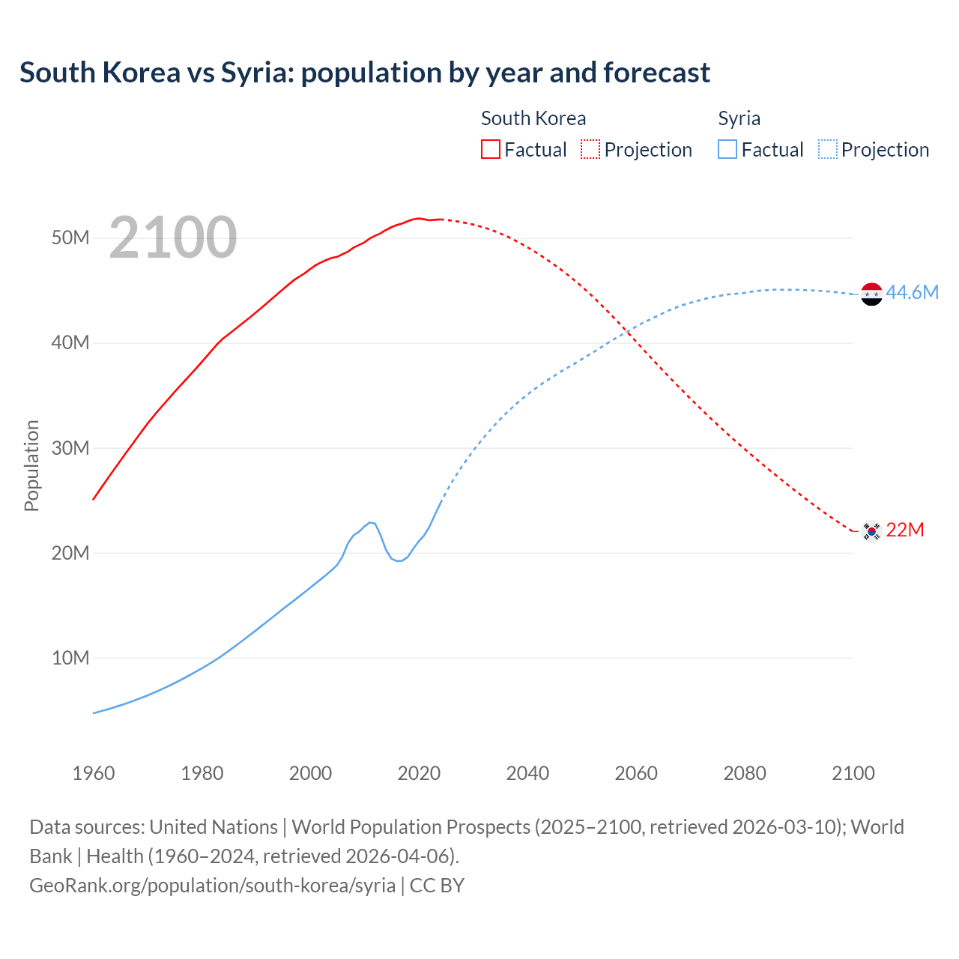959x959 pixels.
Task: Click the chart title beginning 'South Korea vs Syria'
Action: coord(365,73)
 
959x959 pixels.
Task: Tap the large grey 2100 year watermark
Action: coord(173,238)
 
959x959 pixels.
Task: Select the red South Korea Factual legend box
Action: coord(490,149)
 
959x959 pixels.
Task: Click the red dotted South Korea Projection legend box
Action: coord(590,149)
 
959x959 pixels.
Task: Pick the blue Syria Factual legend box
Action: coord(727,149)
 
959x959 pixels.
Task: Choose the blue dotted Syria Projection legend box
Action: coord(828,149)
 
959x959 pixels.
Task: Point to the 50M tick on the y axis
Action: coord(70,238)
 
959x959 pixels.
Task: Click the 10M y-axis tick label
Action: coord(70,658)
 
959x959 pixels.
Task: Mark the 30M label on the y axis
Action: coord(70,448)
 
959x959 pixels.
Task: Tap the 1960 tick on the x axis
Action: coord(94,773)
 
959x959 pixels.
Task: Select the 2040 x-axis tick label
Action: coord(527,773)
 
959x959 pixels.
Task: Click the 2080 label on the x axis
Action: coord(745,773)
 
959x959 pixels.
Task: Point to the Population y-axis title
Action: coord(31,465)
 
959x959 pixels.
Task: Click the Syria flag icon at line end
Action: coord(871,294)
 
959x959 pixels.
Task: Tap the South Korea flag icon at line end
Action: coord(871,531)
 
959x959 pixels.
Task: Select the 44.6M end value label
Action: coord(912,292)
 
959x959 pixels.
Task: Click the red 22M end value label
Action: coord(904,530)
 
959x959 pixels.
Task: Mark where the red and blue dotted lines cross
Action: coord(626,331)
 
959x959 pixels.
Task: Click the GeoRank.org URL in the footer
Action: coord(213,885)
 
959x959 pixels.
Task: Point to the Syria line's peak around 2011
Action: coord(371,522)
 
